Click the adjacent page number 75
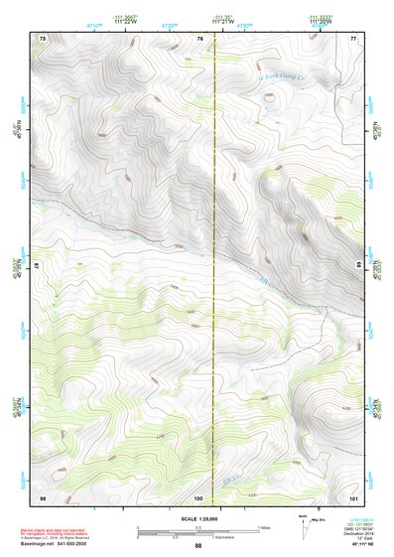click(x=43, y=38)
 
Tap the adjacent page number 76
click(x=199, y=38)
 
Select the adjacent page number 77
click(x=353, y=38)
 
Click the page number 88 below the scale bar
click(x=197, y=546)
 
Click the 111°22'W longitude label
click(x=124, y=22)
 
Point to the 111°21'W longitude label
click(x=221, y=22)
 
